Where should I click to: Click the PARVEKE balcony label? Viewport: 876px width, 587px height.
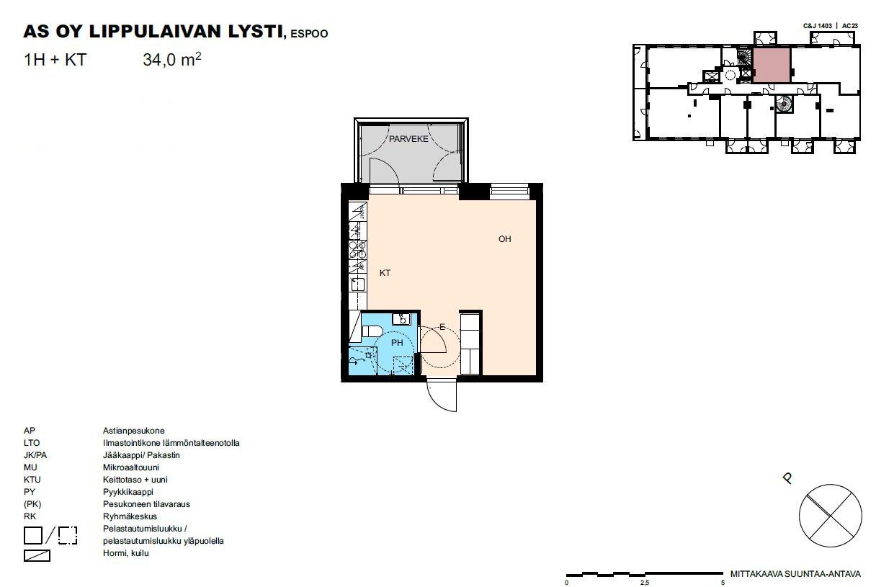pos(408,139)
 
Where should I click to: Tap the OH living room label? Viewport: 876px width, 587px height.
pos(504,239)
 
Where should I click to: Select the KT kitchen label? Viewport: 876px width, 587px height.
pos(385,273)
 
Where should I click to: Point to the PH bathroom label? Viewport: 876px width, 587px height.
pos(397,343)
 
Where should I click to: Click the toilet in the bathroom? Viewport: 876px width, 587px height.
pos(372,331)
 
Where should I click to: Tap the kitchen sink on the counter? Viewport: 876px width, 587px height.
pos(358,284)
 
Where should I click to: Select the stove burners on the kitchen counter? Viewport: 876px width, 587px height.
pos(357,250)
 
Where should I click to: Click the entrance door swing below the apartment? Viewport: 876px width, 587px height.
pos(442,395)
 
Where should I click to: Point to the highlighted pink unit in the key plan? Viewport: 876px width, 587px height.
pos(772,65)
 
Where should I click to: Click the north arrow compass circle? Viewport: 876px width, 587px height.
pos(830,516)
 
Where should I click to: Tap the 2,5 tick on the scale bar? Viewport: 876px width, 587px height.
pos(644,583)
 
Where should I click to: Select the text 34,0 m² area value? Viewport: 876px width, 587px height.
pos(172,60)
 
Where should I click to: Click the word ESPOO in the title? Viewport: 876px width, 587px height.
pos(309,34)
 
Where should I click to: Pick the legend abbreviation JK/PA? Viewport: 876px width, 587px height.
pos(35,455)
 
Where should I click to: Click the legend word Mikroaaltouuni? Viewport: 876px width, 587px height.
pos(131,467)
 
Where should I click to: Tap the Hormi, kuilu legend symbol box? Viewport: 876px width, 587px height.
pos(37,555)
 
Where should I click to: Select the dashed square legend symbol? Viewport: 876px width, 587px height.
pos(68,535)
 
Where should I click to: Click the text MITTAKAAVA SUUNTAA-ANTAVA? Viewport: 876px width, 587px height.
pos(795,574)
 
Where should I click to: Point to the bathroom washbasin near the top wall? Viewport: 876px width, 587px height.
pos(401,319)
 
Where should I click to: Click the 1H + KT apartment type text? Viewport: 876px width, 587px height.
pos(55,60)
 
